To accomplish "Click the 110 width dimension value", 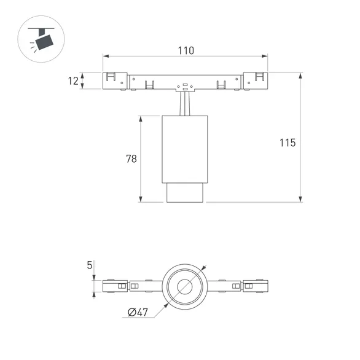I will tap(185, 50).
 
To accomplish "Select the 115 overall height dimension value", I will tap(287, 143).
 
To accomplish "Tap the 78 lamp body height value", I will tap(131, 158).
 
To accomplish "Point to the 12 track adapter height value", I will tap(74, 80).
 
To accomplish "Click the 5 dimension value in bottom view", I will tap(90, 265).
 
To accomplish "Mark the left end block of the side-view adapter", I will tap(114, 80).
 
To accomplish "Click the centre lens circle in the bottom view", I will tap(185, 286).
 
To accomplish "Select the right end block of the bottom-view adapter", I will tap(256, 286).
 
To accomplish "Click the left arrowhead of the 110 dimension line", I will tap(105, 57).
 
